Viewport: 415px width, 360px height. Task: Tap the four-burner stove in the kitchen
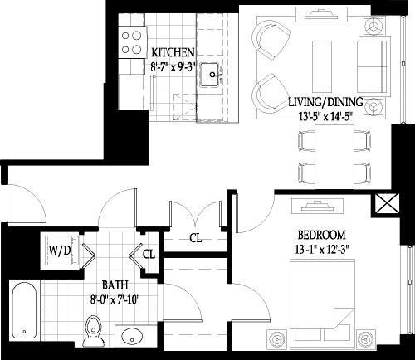129,43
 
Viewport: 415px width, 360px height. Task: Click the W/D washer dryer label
59,249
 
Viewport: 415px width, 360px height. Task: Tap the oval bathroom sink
131,338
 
